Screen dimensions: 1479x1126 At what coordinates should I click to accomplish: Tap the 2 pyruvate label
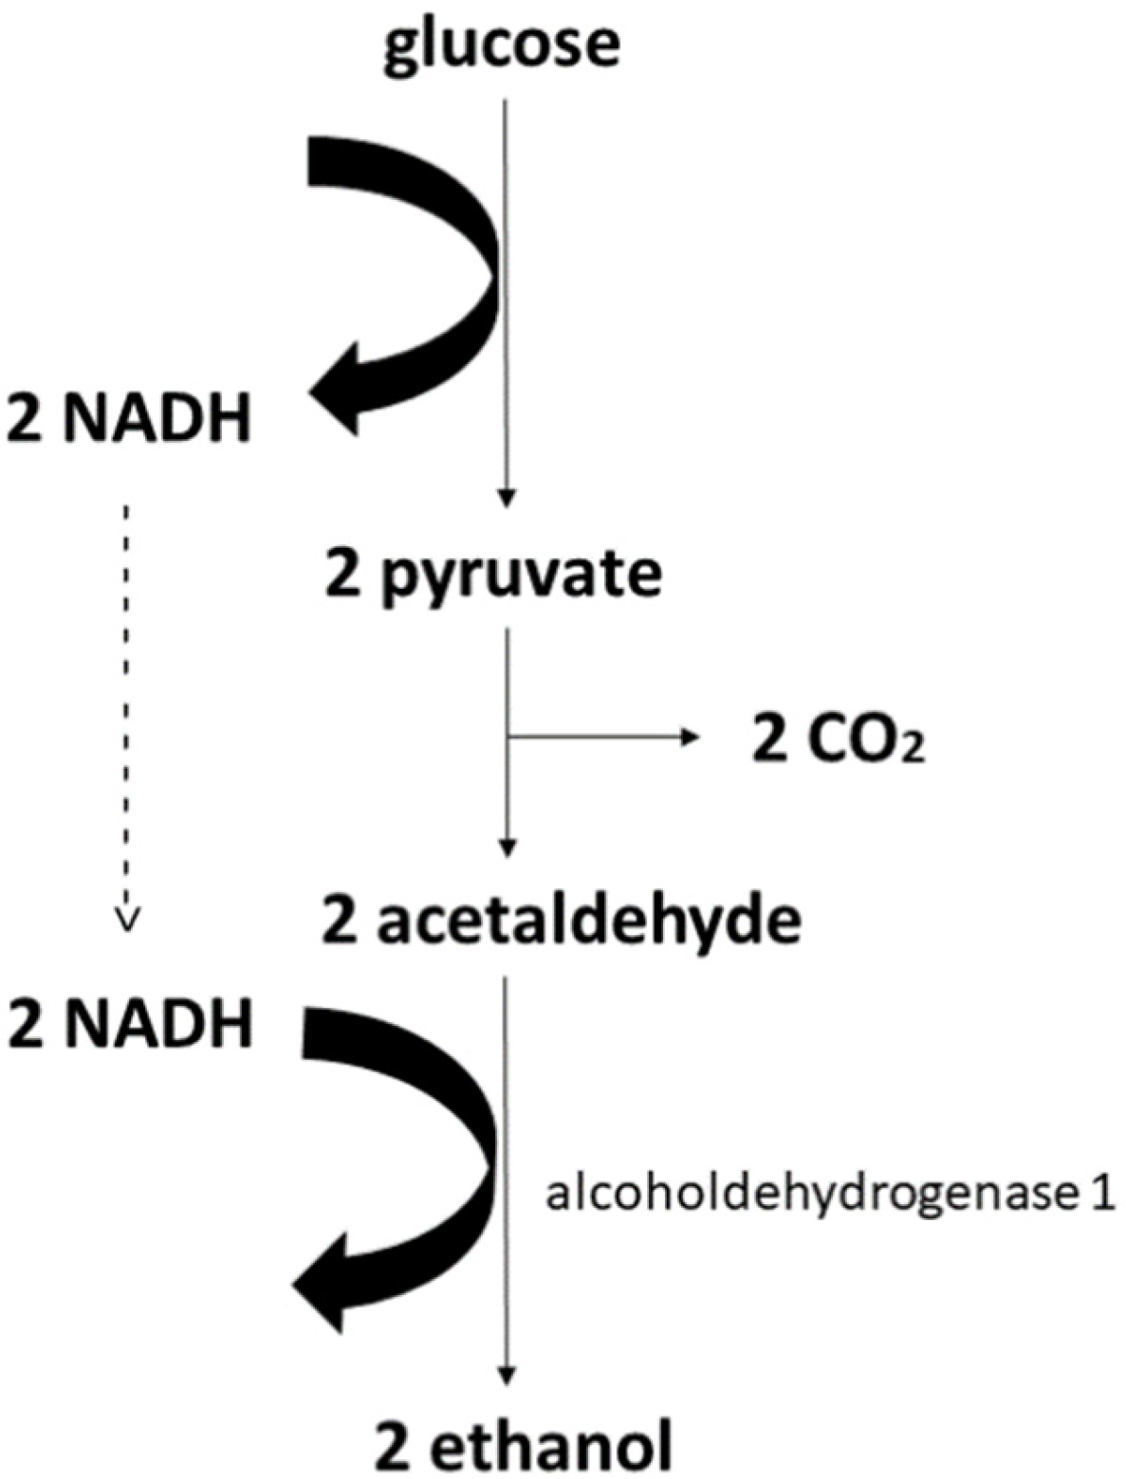(x=492, y=575)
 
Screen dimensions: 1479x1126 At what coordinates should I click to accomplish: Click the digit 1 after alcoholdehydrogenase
(x=1098, y=1196)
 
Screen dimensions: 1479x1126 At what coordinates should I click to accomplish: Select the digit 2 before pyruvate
(x=342, y=575)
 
